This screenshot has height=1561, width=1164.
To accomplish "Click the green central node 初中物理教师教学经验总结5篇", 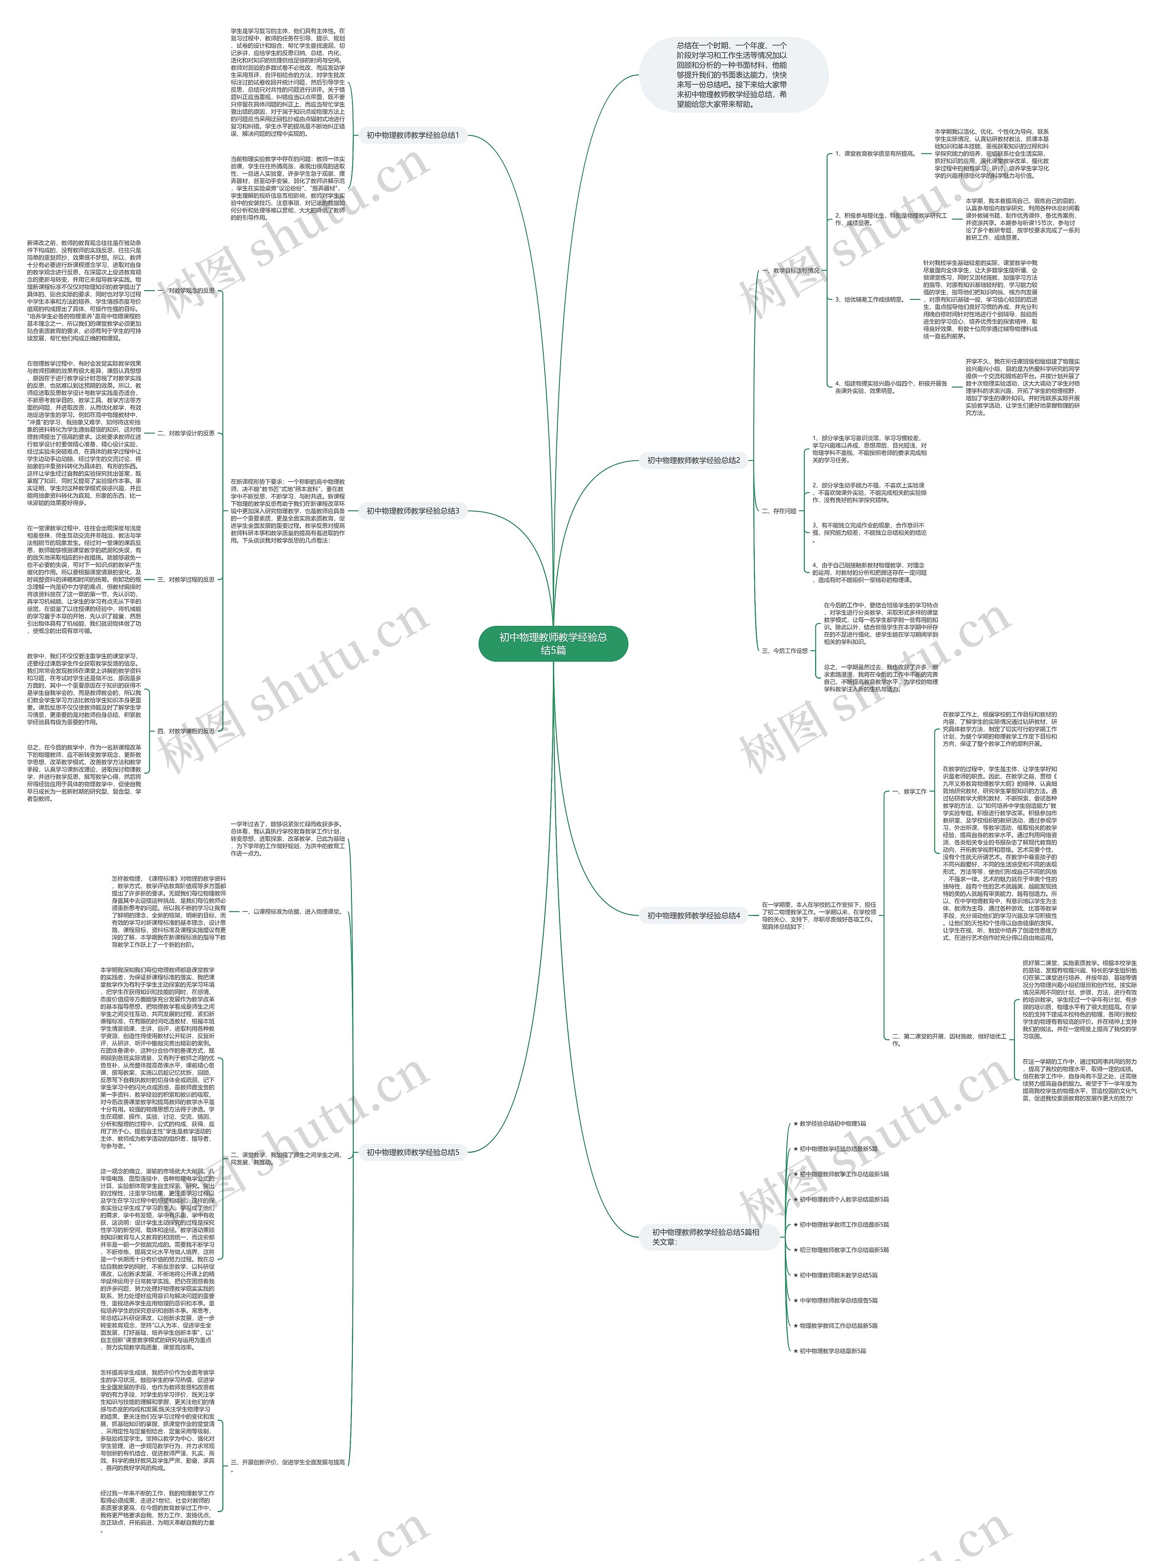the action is click(x=553, y=643).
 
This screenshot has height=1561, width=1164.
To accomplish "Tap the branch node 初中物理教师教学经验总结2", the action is click(x=693, y=460).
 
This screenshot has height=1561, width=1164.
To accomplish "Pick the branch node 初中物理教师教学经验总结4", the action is click(x=693, y=916).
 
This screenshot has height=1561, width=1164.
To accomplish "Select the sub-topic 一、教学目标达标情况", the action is click(x=791, y=271).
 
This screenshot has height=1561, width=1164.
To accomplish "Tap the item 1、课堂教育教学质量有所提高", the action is click(x=875, y=153).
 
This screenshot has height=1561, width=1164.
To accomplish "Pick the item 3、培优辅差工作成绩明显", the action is click(x=869, y=300).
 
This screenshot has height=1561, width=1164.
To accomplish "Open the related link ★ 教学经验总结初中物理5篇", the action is click(x=832, y=1123).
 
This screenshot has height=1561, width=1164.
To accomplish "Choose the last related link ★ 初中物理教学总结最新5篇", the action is click(x=832, y=1351).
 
